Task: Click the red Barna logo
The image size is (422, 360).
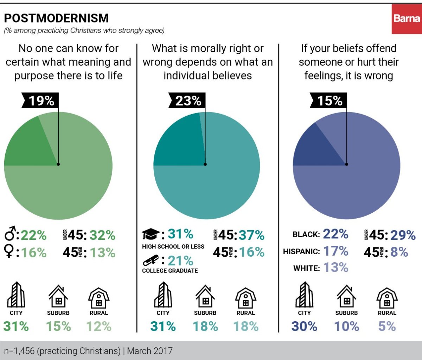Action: coord(407,19)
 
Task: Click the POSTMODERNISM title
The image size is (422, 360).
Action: coord(56,18)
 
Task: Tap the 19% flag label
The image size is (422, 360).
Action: coord(41,101)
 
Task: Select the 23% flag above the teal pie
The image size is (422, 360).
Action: coord(188,101)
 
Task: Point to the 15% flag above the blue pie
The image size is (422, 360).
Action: coord(330,101)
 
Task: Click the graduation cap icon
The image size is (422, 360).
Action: coord(151,234)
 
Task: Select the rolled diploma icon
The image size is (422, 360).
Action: coord(151,261)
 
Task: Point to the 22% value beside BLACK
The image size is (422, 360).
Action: coord(335,234)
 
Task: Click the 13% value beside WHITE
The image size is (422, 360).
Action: coord(335,268)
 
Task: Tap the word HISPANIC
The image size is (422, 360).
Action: coord(301,252)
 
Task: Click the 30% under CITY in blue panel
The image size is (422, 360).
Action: coord(304,327)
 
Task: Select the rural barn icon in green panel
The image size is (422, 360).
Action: coord(99,297)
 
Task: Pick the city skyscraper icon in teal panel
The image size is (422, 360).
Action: coord(163,295)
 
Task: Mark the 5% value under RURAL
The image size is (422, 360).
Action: coord(387,327)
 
